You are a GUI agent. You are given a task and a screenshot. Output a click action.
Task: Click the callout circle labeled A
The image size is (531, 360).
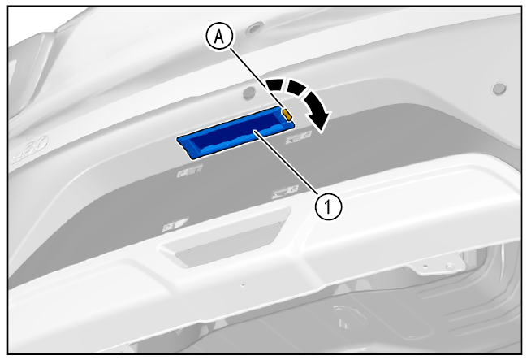click(x=219, y=37)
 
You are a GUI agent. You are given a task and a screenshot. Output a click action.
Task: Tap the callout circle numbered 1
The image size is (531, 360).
click(x=328, y=206)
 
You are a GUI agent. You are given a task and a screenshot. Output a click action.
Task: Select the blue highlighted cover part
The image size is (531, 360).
click(x=235, y=132)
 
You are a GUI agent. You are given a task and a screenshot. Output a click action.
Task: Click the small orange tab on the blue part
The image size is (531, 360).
click(x=287, y=114)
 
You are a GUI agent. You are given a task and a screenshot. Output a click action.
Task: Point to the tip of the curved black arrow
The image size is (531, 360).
click(x=321, y=131)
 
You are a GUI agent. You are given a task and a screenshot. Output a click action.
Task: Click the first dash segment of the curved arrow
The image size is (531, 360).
click(x=275, y=85)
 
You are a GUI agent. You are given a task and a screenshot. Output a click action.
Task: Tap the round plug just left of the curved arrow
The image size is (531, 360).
click(x=249, y=93)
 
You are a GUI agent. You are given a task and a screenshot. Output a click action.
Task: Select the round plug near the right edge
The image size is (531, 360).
click(x=499, y=89)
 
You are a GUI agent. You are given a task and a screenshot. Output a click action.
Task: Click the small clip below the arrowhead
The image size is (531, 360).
click(x=298, y=137)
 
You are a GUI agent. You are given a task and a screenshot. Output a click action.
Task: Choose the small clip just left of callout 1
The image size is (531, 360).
click(x=285, y=192)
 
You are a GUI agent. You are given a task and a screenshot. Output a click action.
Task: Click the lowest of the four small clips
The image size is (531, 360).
click(x=175, y=224)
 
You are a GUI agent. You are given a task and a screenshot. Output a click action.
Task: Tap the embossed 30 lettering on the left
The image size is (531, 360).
click(x=30, y=150)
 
